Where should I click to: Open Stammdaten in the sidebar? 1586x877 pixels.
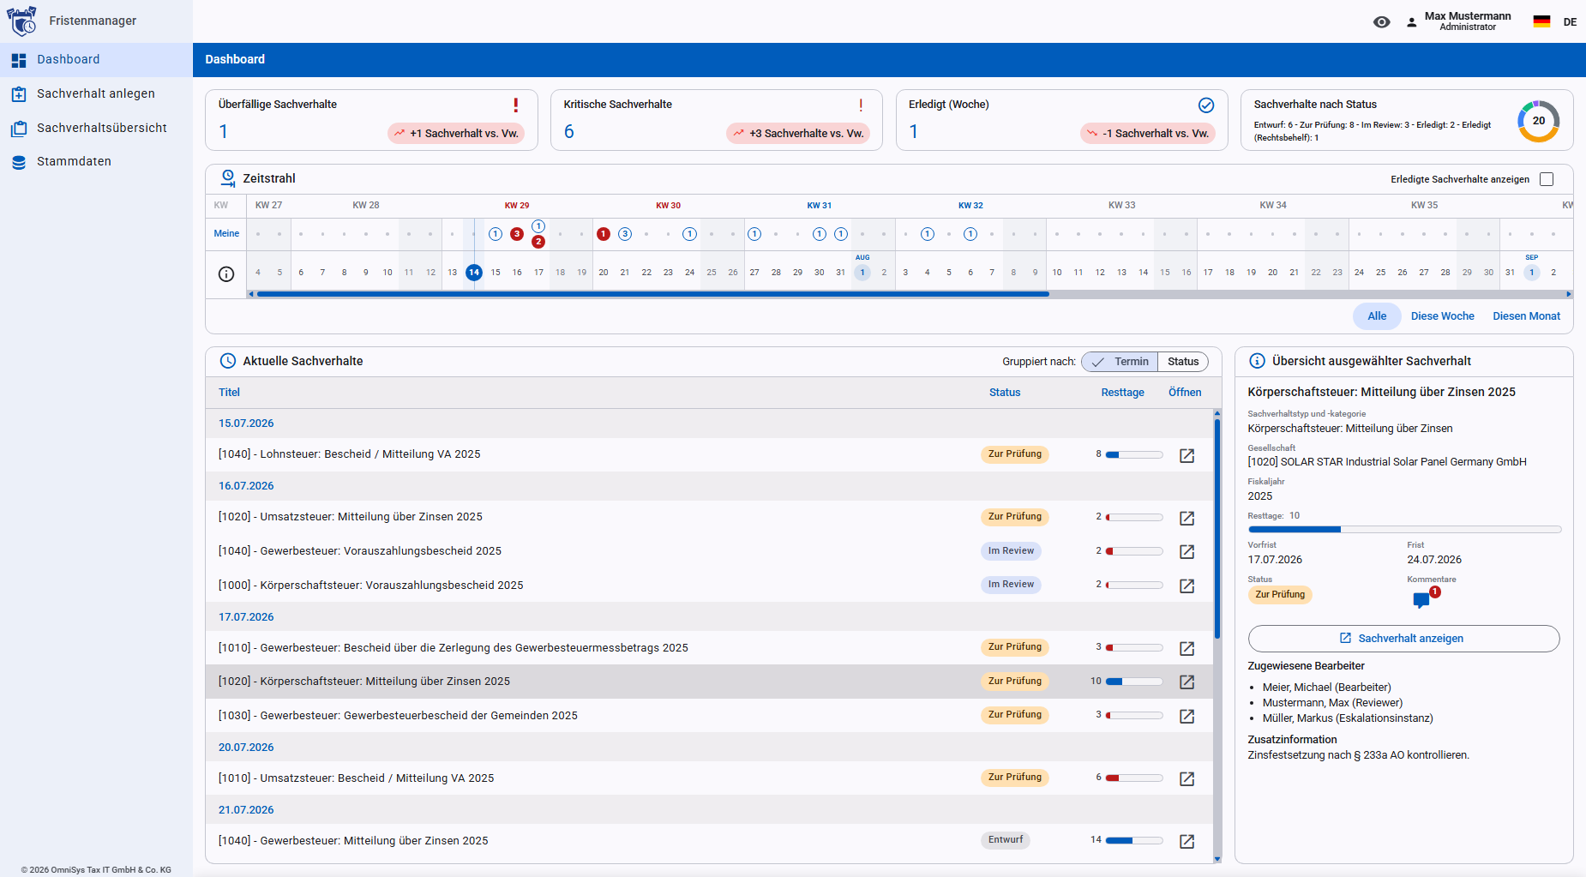tap(74, 161)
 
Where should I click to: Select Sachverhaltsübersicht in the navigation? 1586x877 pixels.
tap(101, 128)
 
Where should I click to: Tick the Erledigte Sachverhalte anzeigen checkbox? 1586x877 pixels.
tap(1547, 179)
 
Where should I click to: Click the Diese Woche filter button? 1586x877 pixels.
tap(1442, 316)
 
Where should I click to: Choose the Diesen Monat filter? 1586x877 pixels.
tap(1526, 316)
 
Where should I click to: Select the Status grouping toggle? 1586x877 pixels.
tap(1183, 362)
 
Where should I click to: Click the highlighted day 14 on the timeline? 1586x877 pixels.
tap(474, 273)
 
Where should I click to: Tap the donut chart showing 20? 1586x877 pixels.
tap(1538, 121)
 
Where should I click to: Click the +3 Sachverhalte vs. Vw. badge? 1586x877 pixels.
tap(798, 133)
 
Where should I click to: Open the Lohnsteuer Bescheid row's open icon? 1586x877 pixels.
tap(1186, 455)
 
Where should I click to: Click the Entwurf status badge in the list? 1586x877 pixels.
tap(1006, 840)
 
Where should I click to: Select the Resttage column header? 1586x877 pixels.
tap(1122, 393)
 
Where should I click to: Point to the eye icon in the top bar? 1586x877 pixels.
tap(1381, 22)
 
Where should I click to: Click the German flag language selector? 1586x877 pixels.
tap(1541, 21)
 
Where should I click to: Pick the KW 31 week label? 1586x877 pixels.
tap(820, 206)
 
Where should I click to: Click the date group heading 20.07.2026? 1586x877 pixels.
tap(246, 748)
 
